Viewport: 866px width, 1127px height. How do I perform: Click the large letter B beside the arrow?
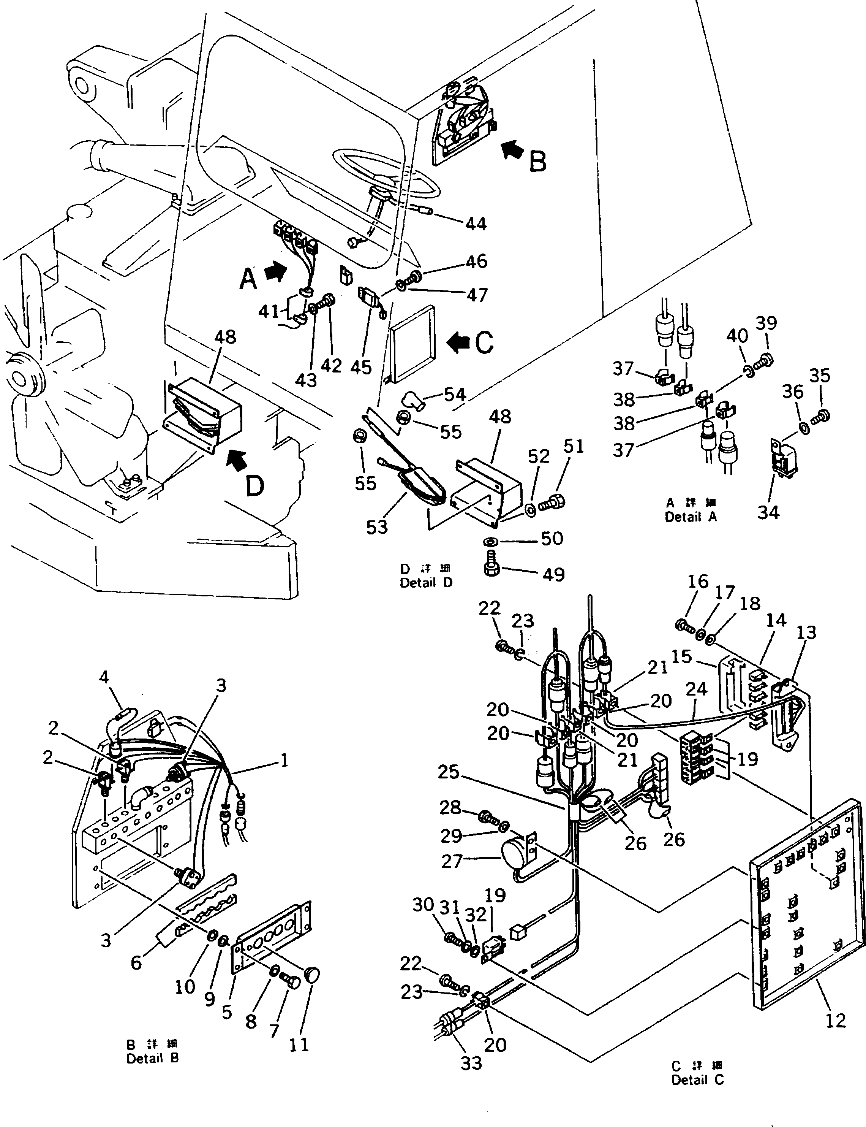[x=538, y=162]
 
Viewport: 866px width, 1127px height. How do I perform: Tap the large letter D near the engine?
[x=254, y=486]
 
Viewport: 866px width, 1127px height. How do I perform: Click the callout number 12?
[x=836, y=1020]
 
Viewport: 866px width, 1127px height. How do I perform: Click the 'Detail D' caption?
[x=426, y=583]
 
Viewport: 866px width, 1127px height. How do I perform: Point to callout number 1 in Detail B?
[x=283, y=760]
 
